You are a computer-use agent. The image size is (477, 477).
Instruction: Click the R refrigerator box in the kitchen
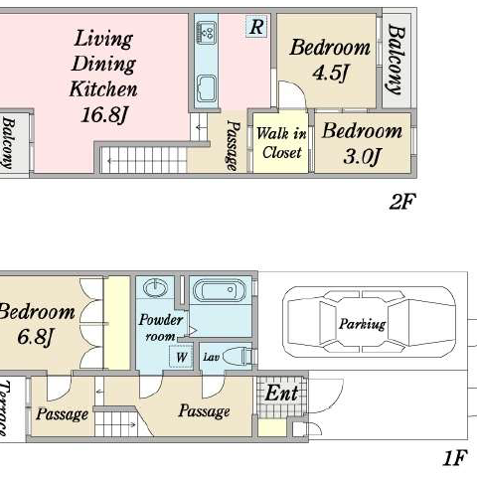pos(256,26)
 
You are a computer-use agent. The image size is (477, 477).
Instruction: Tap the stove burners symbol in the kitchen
pos(206,32)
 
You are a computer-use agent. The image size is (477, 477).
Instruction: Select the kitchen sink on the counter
pos(206,88)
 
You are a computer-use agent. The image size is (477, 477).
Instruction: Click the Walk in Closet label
pos(281,143)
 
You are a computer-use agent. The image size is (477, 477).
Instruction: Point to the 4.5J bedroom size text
pos(330,73)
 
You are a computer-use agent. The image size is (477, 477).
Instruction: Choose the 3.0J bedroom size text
pos(361,156)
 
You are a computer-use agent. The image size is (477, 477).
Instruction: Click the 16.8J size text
pos(103,115)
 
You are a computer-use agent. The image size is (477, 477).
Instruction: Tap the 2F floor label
pos(401,202)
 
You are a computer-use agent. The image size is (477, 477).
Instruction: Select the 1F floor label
pos(455,458)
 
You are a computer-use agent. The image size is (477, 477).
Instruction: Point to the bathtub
pos(220,290)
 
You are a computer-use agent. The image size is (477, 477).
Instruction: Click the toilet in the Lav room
pos(238,357)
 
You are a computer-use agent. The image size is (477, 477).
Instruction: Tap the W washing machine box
pos(181,357)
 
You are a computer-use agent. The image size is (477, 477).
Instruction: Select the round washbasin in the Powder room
pos(155,288)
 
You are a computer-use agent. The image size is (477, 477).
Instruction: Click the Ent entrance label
pos(281,394)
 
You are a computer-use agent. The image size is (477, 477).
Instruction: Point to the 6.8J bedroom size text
pos(35,337)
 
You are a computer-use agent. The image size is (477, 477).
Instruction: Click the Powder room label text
pos(161,328)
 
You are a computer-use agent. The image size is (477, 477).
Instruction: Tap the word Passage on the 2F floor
pos(234,145)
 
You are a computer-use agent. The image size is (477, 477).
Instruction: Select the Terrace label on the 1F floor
pos(5,409)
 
